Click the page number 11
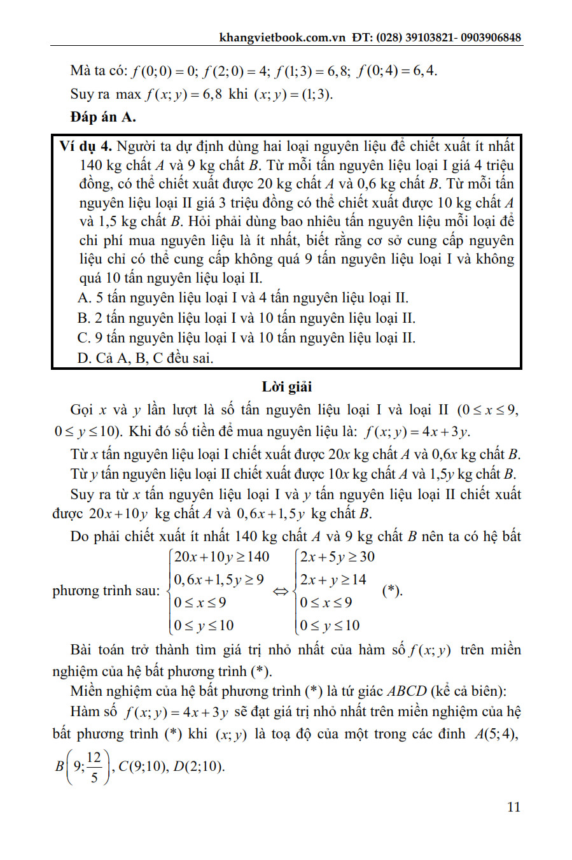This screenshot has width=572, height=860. pyautogui.click(x=513, y=807)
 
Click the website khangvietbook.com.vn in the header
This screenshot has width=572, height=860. pyautogui.click(x=282, y=38)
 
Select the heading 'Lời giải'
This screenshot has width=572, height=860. pyautogui.click(x=286, y=387)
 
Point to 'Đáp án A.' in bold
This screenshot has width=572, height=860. pyautogui.click(x=103, y=117)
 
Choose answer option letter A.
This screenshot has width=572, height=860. pyautogui.click(x=84, y=299)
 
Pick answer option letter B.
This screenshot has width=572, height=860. pyautogui.click(x=83, y=318)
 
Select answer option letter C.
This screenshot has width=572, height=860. pyautogui.click(x=83, y=338)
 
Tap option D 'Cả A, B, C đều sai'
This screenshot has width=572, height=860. pyautogui.click(x=145, y=358)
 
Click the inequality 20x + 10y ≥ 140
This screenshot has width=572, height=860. pyautogui.click(x=221, y=557)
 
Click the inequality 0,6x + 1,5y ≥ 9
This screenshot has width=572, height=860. pyautogui.click(x=218, y=580)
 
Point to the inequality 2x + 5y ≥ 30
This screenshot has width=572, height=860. pyautogui.click(x=337, y=557)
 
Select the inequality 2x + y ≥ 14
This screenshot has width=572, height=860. pyautogui.click(x=333, y=580)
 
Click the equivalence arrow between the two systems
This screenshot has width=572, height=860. pyautogui.click(x=281, y=591)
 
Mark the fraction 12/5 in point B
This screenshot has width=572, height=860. pyautogui.click(x=94, y=766)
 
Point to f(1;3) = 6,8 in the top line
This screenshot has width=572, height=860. pyautogui.click(x=312, y=71)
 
